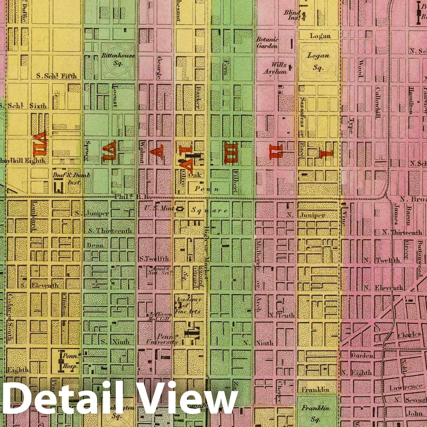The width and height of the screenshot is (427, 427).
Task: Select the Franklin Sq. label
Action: point(315,413)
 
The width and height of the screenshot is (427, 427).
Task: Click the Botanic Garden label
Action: point(267,43)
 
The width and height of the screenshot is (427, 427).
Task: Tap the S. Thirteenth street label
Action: point(110,231)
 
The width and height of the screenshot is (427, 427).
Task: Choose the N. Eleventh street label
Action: point(384,288)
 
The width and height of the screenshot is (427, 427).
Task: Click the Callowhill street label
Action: point(378,103)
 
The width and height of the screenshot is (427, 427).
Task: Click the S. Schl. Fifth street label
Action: point(57,76)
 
